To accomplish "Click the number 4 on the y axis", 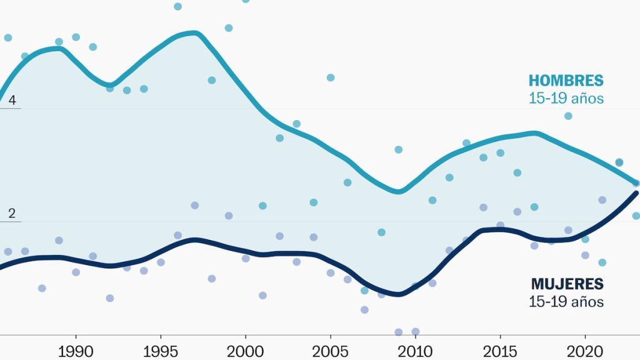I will (12, 100).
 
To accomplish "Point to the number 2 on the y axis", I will (12, 213).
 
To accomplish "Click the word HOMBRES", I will (566, 81).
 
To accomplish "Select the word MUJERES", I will (567, 284).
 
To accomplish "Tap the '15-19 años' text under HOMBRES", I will (566, 99).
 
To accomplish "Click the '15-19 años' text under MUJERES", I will (566, 302).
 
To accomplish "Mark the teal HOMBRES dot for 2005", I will (331, 77).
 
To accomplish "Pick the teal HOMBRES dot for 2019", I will (568, 116).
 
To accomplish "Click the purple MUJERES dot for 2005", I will (331, 272).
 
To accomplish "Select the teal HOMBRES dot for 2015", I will (500, 152).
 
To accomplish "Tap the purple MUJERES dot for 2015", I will (500, 225).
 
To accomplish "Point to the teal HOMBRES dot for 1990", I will (76, 37).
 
